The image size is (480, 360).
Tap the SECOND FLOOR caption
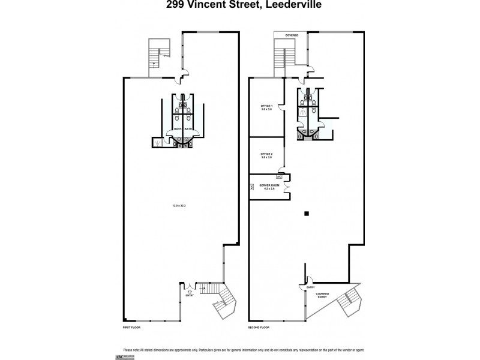coord(259,328)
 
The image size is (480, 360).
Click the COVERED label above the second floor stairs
coord(292,35)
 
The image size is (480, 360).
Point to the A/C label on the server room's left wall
coord(251,187)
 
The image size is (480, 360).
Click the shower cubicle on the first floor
coord(158,142)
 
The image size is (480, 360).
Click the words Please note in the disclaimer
coord(131,349)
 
